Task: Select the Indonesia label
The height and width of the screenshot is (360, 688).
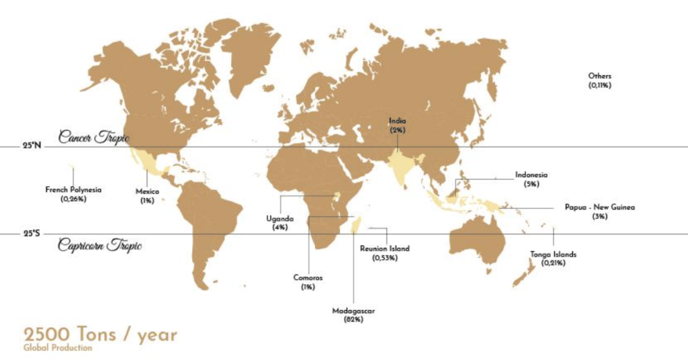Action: [531, 175]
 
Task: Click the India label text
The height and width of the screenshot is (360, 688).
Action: [398, 121]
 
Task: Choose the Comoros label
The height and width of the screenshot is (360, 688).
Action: [308, 277]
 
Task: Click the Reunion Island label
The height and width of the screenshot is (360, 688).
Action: [384, 249]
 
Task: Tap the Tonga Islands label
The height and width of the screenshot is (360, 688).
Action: [554, 255]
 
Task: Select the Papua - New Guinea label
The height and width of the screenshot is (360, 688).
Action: [599, 208]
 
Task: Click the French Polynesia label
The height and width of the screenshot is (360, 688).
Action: [73, 190]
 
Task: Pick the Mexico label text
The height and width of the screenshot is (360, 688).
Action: [147, 191]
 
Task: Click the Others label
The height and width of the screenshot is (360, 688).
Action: [600, 77]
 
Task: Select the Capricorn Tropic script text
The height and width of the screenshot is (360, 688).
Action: [99, 244]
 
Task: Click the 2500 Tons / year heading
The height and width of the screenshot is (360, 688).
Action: [100, 334]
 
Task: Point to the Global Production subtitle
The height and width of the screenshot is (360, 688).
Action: [57, 348]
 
